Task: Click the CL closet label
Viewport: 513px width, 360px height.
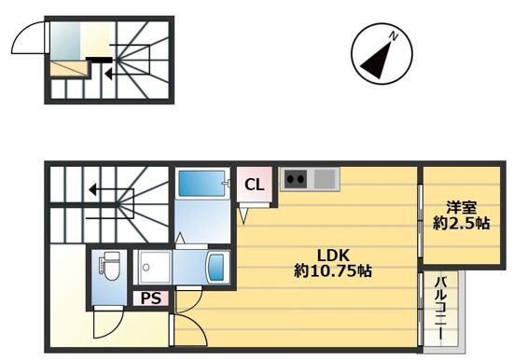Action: click(255, 186)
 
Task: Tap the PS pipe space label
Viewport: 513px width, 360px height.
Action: click(151, 298)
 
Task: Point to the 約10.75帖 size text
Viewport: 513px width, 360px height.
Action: click(333, 271)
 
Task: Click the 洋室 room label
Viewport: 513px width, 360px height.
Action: click(462, 207)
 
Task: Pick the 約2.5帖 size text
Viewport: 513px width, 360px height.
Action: click(462, 223)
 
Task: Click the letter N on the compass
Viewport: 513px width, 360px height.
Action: click(394, 37)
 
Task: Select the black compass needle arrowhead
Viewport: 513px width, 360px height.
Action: click(376, 61)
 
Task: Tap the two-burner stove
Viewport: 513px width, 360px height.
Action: click(296, 179)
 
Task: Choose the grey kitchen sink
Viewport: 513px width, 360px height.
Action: click(325, 179)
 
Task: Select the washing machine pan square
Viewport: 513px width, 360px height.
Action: click(154, 267)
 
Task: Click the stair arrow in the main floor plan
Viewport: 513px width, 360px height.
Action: click(111, 189)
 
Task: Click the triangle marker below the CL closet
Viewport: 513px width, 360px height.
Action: click(244, 216)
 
